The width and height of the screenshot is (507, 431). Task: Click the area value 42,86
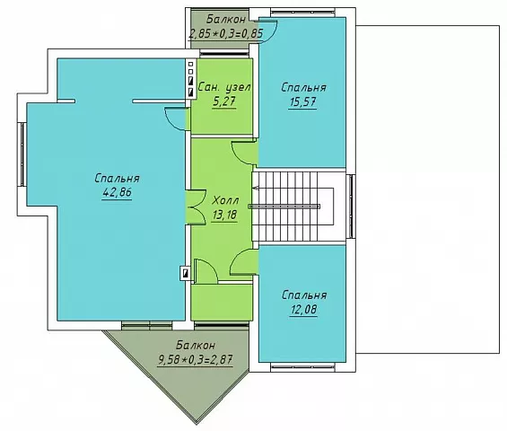point(117,192)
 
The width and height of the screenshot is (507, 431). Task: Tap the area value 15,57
point(302,102)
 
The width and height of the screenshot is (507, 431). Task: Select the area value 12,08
point(303,310)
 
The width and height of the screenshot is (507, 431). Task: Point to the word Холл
point(225,200)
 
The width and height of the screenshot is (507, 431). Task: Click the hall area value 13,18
point(225,215)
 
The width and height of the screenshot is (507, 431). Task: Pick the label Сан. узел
point(224,87)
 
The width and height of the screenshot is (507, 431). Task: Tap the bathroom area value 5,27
point(224,102)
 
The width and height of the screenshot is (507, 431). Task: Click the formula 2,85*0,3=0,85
point(226,33)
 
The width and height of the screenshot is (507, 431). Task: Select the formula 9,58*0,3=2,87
point(196,359)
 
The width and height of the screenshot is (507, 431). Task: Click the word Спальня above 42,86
point(117,179)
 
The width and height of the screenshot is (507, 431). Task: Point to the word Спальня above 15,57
point(303,87)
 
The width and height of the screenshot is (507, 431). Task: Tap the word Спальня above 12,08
point(304,295)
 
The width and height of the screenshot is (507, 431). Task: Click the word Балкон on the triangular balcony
point(196,346)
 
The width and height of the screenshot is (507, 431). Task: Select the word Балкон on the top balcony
point(226,20)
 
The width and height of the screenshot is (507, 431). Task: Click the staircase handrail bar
point(284,207)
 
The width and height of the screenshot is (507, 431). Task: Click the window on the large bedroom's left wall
point(22,154)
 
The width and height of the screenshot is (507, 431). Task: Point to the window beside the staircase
point(351,207)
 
